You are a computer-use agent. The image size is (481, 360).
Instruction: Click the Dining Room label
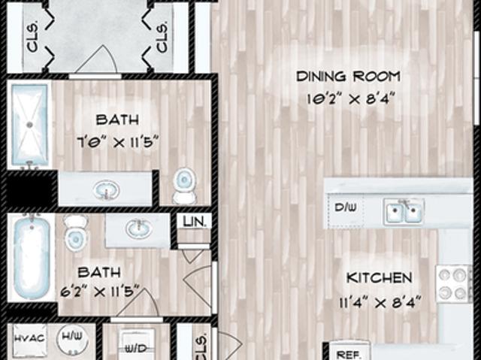click(347, 76)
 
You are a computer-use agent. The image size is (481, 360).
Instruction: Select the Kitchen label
click(379, 278)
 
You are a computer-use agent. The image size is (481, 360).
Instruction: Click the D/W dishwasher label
click(346, 207)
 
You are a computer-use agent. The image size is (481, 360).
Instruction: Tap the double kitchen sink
click(404, 211)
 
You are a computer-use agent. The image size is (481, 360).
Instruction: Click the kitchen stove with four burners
click(454, 283)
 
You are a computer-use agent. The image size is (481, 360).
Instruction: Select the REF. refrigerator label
click(347, 353)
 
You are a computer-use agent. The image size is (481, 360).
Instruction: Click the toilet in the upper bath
click(184, 186)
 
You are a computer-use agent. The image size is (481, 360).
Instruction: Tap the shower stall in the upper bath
click(29, 125)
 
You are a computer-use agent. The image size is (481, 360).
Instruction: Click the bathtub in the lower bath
click(32, 258)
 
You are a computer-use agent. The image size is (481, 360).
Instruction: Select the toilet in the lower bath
click(76, 232)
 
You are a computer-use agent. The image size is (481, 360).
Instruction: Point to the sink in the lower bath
click(138, 228)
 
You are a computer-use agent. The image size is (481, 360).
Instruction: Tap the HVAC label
click(29, 337)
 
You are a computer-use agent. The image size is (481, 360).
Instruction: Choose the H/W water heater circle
click(73, 337)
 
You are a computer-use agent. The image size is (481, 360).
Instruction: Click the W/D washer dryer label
click(137, 348)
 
